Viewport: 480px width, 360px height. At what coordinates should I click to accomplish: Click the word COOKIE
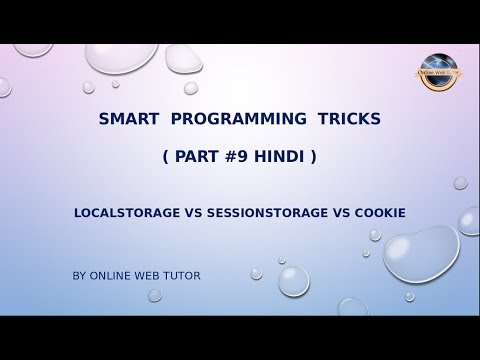pyautogui.click(x=375, y=213)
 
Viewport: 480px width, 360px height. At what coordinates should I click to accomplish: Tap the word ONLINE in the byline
pyautogui.click(x=112, y=272)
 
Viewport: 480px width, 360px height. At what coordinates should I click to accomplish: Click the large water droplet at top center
pyautogui.click(x=121, y=52)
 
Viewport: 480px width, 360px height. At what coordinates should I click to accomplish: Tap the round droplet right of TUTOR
pyautogui.click(x=293, y=281)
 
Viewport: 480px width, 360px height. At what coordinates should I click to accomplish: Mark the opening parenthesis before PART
pyautogui.click(x=164, y=157)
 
